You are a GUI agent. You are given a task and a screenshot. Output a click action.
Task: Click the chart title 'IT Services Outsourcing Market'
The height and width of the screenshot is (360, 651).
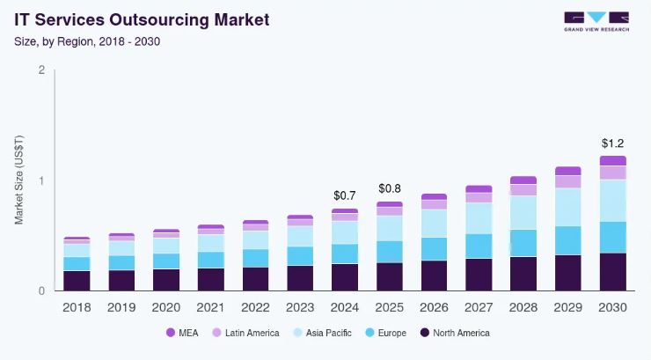click(x=142, y=18)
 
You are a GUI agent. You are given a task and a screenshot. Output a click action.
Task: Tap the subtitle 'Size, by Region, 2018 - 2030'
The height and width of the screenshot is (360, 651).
click(x=86, y=40)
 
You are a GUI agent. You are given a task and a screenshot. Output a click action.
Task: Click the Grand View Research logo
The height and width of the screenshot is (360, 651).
click(x=596, y=21)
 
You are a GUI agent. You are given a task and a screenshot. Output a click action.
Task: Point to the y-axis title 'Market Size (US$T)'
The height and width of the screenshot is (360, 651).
click(x=19, y=180)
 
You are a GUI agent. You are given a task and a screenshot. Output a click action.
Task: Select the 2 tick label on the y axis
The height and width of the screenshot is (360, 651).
click(x=41, y=70)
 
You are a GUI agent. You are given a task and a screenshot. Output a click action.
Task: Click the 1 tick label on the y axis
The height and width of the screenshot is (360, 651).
click(x=41, y=180)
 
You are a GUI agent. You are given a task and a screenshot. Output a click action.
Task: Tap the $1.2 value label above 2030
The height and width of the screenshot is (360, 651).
click(x=613, y=143)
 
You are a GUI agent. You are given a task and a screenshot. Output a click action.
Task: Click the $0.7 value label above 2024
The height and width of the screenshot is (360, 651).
click(x=345, y=195)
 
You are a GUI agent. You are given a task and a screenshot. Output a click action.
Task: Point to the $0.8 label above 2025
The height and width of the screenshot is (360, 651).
click(x=390, y=188)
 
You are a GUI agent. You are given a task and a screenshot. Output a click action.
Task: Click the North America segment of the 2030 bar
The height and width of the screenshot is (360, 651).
click(x=613, y=272)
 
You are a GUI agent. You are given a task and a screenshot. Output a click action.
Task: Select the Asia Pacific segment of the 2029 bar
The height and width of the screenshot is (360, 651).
click(x=568, y=207)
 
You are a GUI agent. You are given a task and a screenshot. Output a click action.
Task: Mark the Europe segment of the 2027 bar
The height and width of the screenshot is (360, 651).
click(x=479, y=246)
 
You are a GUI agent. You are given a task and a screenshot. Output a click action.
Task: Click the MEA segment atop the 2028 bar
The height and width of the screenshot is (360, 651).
click(x=523, y=180)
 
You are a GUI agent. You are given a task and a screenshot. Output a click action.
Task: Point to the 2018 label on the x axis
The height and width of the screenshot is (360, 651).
click(x=77, y=307)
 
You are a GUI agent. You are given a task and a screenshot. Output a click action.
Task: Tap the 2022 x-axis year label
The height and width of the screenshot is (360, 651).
click(x=255, y=307)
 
